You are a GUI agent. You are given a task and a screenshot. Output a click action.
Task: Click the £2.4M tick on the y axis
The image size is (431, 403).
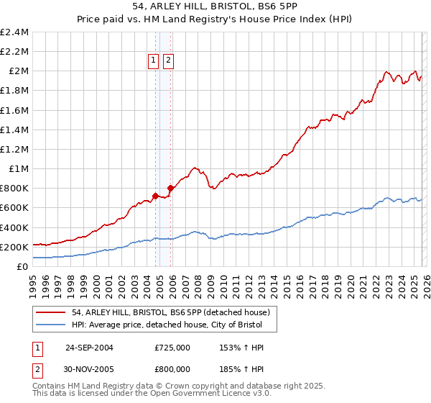[14, 32]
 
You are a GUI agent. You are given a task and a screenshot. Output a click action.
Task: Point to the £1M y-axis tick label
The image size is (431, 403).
[19, 169]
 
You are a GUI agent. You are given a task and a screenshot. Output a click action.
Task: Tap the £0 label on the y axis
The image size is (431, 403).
[23, 266]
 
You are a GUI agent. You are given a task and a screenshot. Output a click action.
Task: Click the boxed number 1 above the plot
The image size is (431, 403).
[154, 61]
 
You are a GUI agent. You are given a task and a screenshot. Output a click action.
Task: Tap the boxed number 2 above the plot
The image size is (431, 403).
[168, 61]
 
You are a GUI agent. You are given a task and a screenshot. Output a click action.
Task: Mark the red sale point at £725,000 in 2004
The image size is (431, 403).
[155, 195]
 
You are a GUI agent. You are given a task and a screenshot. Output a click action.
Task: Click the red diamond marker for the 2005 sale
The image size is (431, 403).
[170, 188]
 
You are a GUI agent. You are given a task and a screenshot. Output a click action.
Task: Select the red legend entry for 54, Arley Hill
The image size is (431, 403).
[170, 312]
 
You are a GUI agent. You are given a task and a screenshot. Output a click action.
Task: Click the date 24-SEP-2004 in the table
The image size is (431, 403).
[89, 348]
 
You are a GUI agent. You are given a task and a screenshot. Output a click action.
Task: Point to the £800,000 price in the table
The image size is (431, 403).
[172, 369]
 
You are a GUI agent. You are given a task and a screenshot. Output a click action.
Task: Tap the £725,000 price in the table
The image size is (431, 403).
[172, 348]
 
